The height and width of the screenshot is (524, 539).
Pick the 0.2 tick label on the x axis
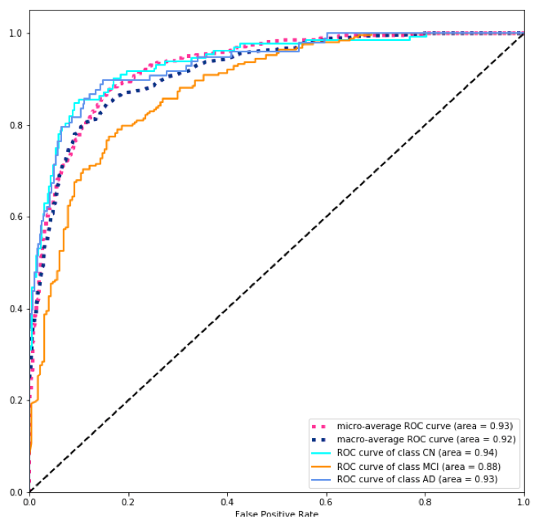128,502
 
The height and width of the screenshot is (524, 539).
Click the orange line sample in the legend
320,465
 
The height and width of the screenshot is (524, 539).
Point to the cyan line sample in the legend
320,452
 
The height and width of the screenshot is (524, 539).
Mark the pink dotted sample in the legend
320,426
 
